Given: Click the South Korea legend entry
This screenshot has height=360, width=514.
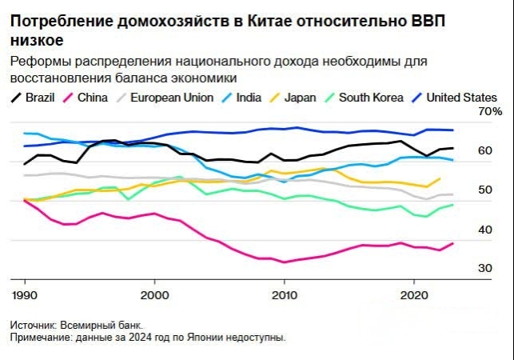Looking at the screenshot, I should coord(373,98).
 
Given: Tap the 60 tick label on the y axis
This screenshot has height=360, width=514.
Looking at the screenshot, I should coord(485,150).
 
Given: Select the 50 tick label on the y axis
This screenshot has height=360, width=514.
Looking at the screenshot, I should coord(485,190).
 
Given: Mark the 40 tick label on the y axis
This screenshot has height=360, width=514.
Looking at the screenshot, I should coord(485,230).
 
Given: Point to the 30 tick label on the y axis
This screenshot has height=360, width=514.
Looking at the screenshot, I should coord(485,269).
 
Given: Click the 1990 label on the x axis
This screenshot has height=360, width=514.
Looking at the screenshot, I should coord(24,294).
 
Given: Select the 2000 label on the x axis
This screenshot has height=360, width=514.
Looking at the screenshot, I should coord(154,294).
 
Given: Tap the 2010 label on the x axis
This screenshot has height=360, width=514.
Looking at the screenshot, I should coord(284,294).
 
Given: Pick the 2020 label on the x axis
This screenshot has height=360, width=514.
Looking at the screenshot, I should coord(414,294).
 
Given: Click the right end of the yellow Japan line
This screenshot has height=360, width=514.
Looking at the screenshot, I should coord(440,178).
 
